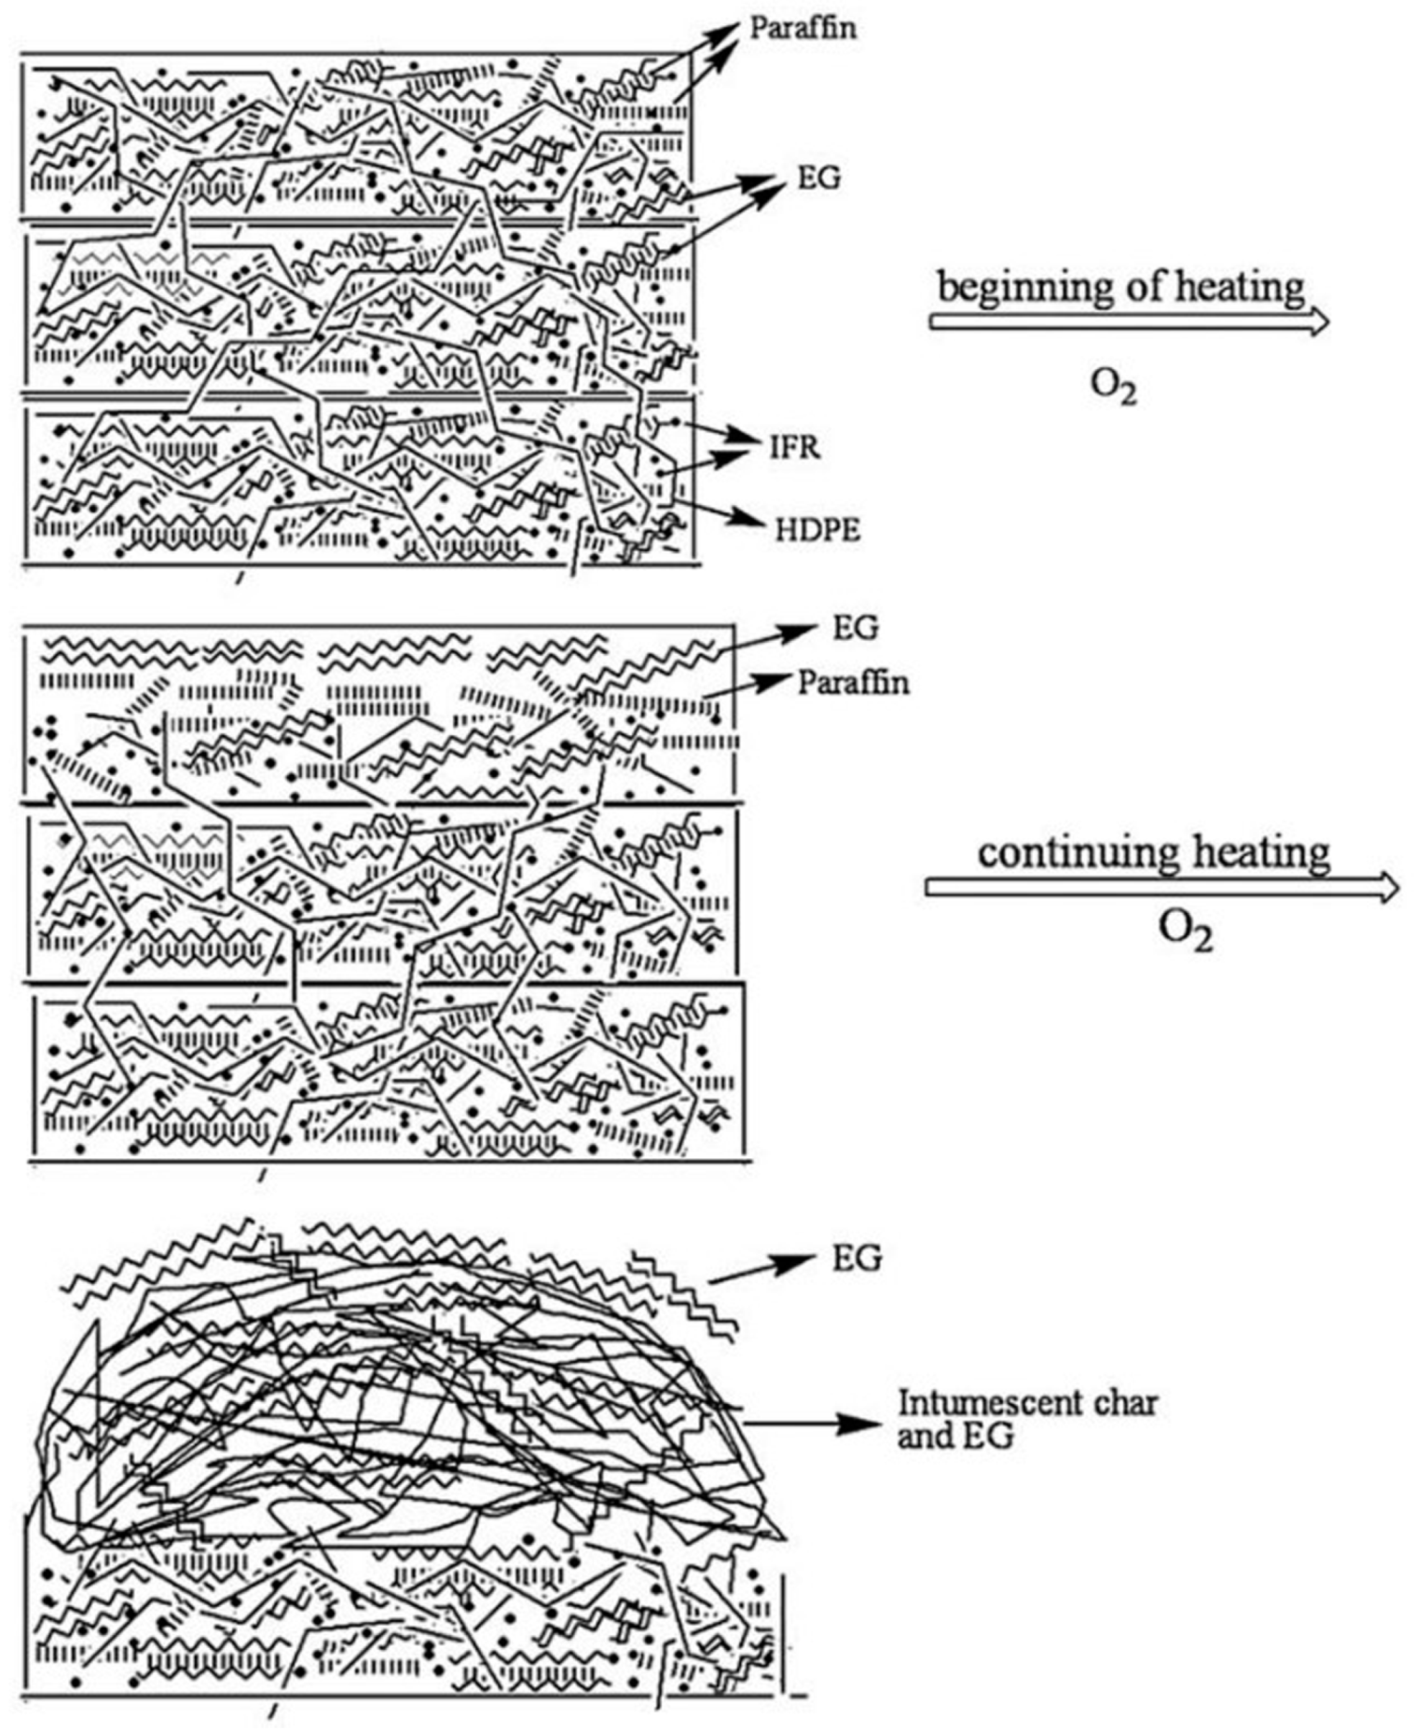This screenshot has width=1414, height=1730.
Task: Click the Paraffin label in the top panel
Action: click(x=802, y=29)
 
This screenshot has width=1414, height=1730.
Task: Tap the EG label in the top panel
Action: click(x=818, y=178)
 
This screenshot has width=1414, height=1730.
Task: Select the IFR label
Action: click(x=794, y=447)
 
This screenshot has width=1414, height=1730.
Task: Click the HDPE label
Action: click(x=817, y=530)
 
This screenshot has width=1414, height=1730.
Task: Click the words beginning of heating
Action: click(x=1121, y=289)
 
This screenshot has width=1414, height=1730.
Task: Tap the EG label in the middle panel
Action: click(x=855, y=628)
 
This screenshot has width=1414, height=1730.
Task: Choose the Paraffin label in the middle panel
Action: click(x=852, y=682)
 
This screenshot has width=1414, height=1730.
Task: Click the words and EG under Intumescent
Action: click(x=955, y=1437)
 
